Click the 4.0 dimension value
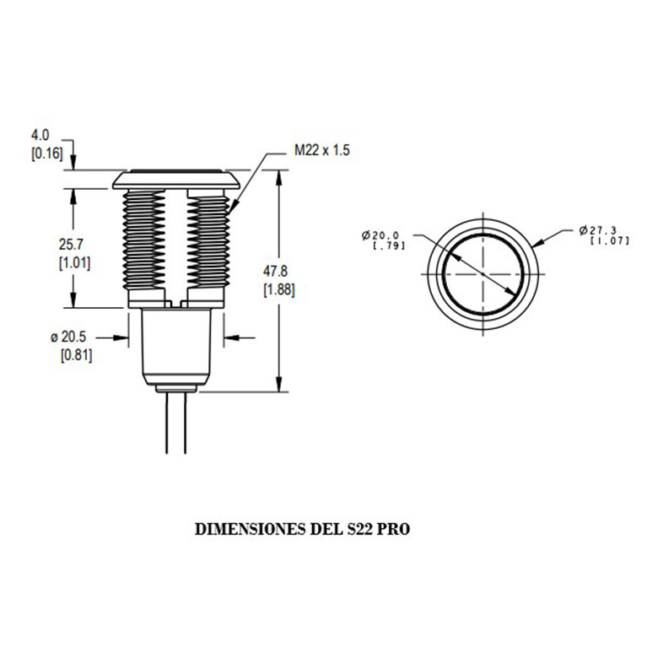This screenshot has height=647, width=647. (x=40, y=135)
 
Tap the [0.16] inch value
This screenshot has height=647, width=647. (x=47, y=154)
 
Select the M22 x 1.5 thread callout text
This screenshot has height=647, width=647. (x=322, y=150)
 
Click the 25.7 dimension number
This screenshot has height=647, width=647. (x=71, y=245)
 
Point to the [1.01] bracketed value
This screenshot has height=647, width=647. (x=74, y=263)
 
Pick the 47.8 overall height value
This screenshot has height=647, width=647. (x=275, y=271)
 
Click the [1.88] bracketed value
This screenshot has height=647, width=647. (x=279, y=289)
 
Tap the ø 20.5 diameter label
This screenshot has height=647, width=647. (x=68, y=337)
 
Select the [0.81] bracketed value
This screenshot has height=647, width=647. (x=76, y=355)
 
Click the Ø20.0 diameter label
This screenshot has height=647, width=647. (x=380, y=235)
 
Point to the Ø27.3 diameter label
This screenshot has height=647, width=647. (x=597, y=230)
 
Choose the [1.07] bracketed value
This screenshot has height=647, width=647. (x=610, y=240)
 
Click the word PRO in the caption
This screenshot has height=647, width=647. (x=394, y=529)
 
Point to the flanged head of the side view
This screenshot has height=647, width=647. (x=176, y=180)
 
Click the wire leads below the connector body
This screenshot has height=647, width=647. (x=176, y=423)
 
